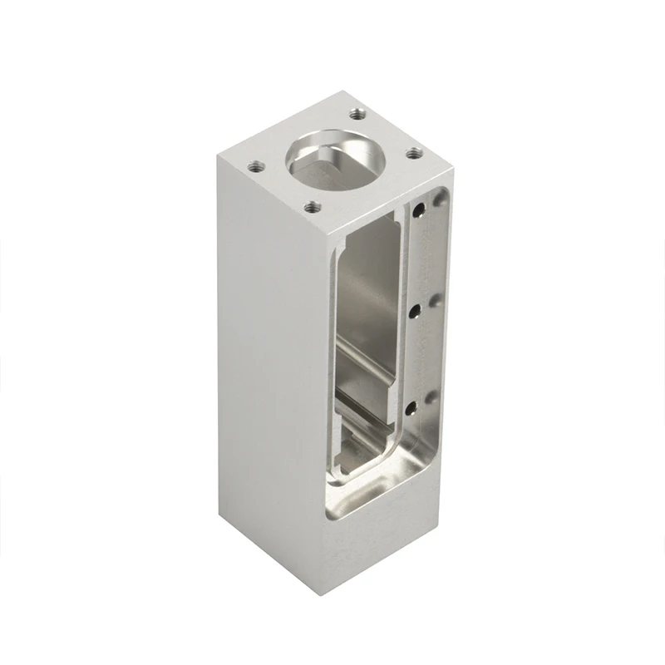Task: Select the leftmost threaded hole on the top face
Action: click(x=254, y=164)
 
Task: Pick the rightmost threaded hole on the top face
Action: click(x=411, y=151)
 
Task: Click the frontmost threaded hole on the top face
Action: click(x=312, y=208)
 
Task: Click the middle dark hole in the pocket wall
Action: click(x=413, y=309)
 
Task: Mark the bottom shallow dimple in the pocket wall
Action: click(x=430, y=397)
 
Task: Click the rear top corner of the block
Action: click(x=342, y=92)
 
